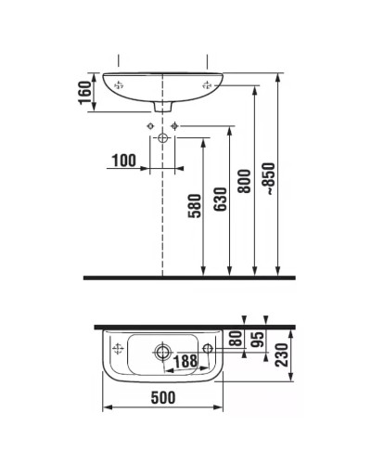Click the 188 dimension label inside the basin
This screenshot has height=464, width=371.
(185, 360)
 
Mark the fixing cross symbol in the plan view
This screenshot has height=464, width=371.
(117, 350)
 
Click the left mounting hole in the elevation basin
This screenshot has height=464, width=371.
(118, 84)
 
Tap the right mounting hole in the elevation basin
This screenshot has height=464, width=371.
(208, 84)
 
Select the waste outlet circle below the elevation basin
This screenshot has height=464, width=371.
(163, 137)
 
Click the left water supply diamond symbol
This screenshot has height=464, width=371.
(150, 126)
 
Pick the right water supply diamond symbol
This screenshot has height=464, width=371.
(175, 126)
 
